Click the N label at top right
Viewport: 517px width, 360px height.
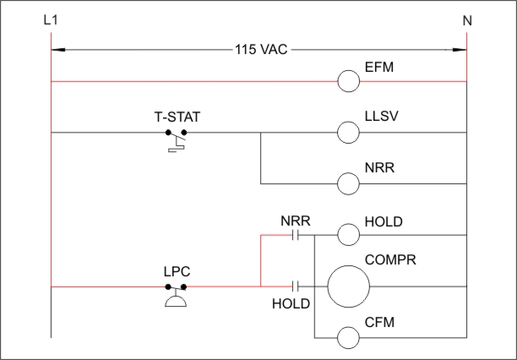point(467,19)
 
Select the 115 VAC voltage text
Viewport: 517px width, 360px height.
point(261,49)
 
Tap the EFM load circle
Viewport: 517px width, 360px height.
point(348,81)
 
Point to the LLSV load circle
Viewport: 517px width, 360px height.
point(348,133)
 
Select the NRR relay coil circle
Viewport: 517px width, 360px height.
point(348,183)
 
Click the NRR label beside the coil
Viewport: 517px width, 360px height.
point(378,168)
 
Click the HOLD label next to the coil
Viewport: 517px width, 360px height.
point(383,221)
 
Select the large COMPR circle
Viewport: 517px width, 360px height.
point(349,286)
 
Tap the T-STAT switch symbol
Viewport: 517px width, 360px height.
point(176,139)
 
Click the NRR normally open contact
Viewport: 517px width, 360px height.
point(296,236)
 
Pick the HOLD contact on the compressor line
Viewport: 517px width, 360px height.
point(296,286)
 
